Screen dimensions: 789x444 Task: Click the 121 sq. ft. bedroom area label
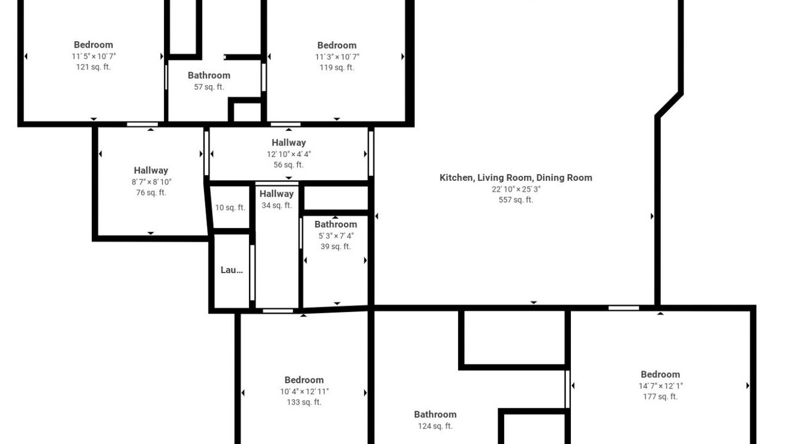tap(94, 67)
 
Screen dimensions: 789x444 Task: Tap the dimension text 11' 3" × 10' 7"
tap(337, 57)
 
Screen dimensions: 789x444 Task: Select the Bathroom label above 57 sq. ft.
tap(209, 75)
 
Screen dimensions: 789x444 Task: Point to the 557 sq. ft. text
tap(516, 200)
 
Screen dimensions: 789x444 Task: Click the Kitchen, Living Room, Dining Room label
tap(516, 178)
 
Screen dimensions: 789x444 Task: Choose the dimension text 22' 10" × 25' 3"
tap(516, 189)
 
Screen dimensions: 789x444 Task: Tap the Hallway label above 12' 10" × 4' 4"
tap(288, 142)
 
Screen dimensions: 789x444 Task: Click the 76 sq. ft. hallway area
tap(151, 193)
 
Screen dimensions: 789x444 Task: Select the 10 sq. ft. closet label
tap(230, 208)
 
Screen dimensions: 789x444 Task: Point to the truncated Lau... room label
tap(231, 270)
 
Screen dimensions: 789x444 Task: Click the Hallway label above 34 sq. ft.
tap(277, 194)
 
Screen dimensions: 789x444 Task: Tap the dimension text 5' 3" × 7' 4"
tap(336, 236)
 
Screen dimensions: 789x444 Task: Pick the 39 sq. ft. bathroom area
tap(336, 247)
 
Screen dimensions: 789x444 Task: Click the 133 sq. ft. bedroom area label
tap(304, 402)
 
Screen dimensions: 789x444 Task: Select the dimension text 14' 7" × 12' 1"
tap(660, 386)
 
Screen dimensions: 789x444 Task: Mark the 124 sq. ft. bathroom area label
tap(435, 426)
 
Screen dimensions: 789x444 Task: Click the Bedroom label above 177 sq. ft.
tap(660, 374)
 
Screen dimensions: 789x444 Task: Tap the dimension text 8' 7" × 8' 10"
tap(152, 182)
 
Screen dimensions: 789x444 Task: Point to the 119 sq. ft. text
tap(337, 68)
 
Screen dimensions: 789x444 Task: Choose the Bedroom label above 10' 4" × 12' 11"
tap(304, 380)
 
